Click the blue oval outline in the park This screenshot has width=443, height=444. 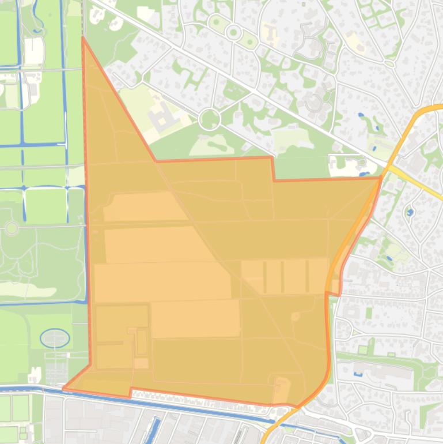(55, 338)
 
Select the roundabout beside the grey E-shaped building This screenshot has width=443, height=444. (209, 119)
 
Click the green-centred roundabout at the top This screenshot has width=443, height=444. (233, 32)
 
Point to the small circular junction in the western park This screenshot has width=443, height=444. (11, 228)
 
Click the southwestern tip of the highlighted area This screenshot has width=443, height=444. (64, 388)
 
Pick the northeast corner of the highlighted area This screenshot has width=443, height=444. (381, 178)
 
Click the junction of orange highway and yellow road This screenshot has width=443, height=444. (388, 167)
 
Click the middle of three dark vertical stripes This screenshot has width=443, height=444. (282, 277)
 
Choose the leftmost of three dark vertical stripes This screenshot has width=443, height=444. (265, 277)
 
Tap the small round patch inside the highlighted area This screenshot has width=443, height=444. (296, 317)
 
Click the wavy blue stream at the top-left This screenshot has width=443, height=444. (38, 17)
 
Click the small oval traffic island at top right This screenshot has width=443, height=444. (390, 64)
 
